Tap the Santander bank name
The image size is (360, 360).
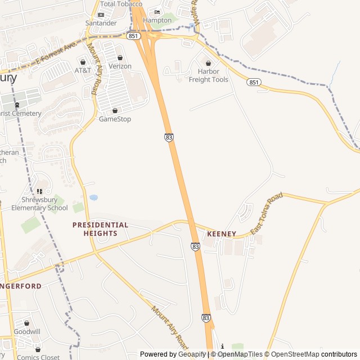pyautogui.click(x=101, y=23)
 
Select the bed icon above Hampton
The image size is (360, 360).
pyautogui.click(x=157, y=12)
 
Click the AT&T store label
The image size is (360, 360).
pyautogui.click(x=83, y=70)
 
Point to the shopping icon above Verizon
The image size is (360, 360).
pyautogui.click(x=120, y=57)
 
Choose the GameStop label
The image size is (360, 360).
pyautogui.click(x=115, y=119)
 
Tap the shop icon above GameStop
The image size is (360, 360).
pyautogui.click(x=115, y=110)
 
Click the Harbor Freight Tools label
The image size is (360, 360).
pyautogui.click(x=208, y=75)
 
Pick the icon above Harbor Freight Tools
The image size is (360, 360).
pyautogui.click(x=209, y=63)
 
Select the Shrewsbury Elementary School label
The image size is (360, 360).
pyautogui.click(x=39, y=204)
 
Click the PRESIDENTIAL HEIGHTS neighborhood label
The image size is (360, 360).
pyautogui.click(x=100, y=229)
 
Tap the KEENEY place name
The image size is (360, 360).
pyautogui.click(x=221, y=233)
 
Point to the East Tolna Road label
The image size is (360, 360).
pyautogui.click(x=267, y=214)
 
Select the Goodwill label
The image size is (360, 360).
pyautogui.click(x=27, y=331)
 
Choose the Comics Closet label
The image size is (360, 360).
pyautogui.click(x=38, y=357)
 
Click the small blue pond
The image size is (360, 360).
pyautogui.click(x=93, y=198)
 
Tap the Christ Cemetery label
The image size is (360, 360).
pyautogui.click(x=21, y=113)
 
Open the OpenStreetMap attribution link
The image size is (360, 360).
pyautogui.click(x=292, y=354)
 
